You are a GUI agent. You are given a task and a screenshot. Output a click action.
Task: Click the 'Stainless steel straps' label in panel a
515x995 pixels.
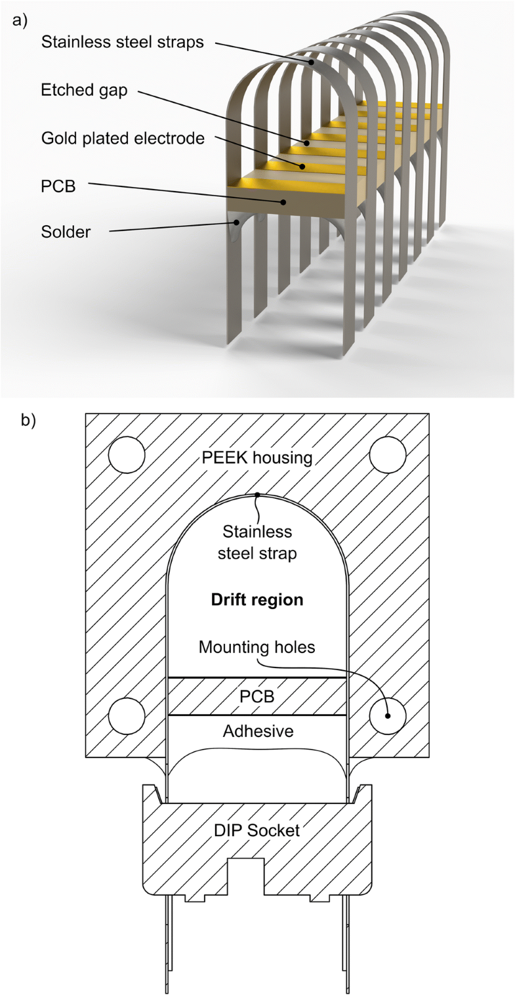[123, 43]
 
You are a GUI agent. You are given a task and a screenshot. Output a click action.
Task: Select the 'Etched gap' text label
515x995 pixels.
[83, 91]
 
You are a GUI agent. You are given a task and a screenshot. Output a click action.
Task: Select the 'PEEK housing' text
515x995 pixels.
[258, 457]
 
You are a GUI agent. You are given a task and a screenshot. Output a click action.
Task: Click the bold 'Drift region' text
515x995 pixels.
[258, 600]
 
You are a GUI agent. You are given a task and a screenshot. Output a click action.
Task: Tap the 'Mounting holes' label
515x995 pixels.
[258, 648]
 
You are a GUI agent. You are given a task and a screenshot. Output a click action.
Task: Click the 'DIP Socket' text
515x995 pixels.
[258, 830]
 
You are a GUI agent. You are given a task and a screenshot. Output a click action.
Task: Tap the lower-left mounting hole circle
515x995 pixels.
[127, 715]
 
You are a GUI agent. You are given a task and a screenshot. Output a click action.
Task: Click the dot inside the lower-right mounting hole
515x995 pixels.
[388, 715]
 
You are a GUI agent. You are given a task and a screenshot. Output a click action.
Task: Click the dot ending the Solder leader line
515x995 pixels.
[236, 222]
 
